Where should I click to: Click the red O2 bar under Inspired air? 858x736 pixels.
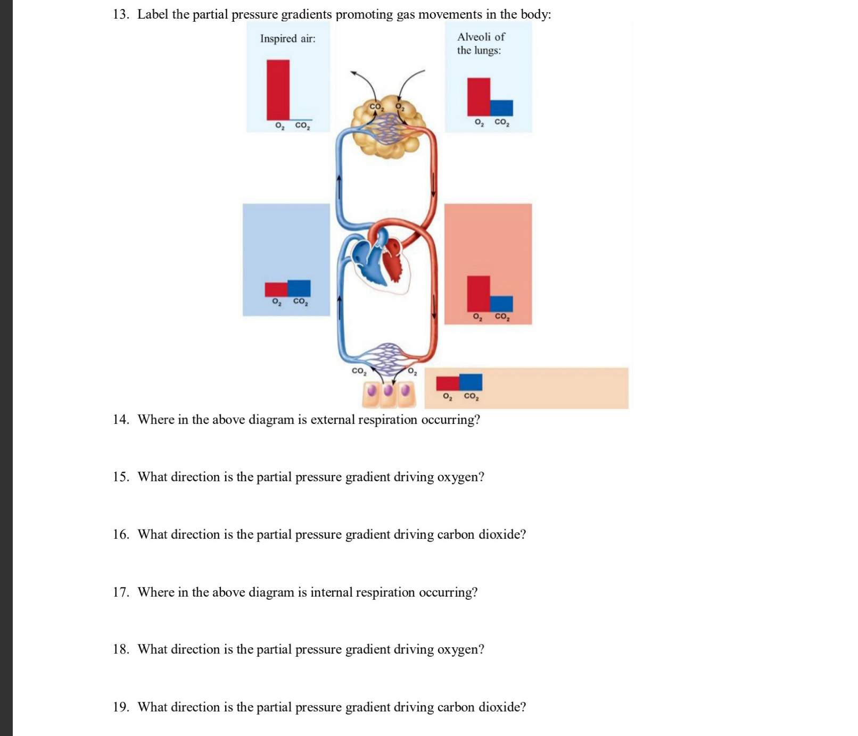pos(278,89)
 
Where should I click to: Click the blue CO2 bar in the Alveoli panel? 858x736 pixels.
pos(501,108)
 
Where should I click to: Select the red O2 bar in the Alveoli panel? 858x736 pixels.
pos(478,97)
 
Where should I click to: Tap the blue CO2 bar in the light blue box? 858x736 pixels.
pos(299,288)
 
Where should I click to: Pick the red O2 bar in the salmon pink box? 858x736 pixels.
pos(478,293)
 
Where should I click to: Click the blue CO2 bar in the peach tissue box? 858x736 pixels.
pos(471,382)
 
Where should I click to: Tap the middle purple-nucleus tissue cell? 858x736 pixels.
pos(389,391)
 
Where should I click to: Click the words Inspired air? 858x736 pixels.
pos(287,39)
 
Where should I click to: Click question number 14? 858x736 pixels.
pos(121,420)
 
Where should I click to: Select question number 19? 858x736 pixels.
pos(121,707)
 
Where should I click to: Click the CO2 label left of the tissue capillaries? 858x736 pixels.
pos(359,371)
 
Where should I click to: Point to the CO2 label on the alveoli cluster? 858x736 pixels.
pos(376,107)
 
